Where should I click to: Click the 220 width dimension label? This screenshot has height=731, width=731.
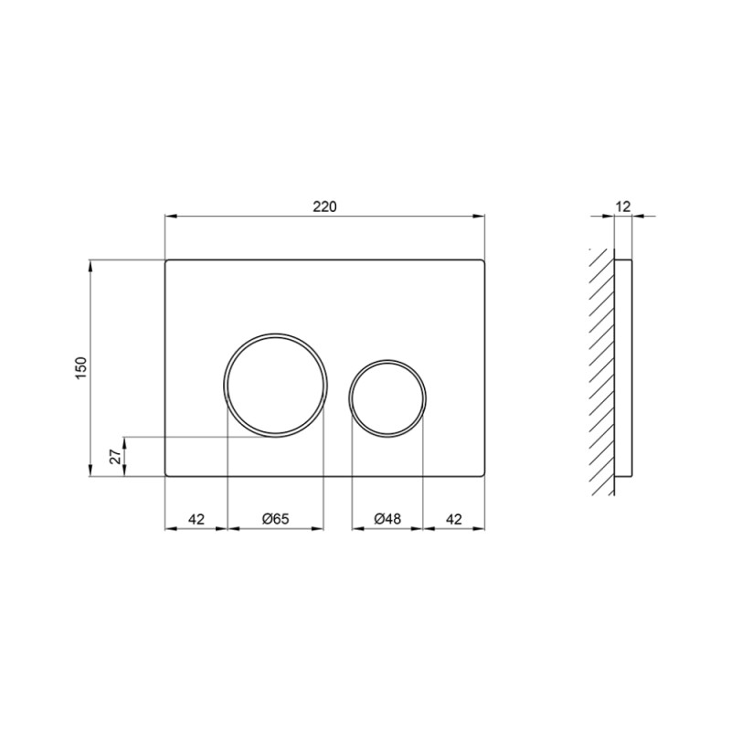[325, 207]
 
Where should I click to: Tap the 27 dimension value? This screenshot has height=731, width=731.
[115, 457]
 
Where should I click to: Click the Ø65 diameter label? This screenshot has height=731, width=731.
[275, 518]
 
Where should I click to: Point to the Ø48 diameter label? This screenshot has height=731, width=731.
[387, 518]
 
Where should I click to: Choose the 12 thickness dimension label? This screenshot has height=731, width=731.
[622, 207]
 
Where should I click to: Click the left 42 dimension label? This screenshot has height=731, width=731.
[196, 518]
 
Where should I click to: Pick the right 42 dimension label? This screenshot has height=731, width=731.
[453, 518]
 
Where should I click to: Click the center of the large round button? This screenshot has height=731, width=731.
[274, 384]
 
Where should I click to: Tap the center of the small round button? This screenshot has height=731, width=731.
[387, 398]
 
